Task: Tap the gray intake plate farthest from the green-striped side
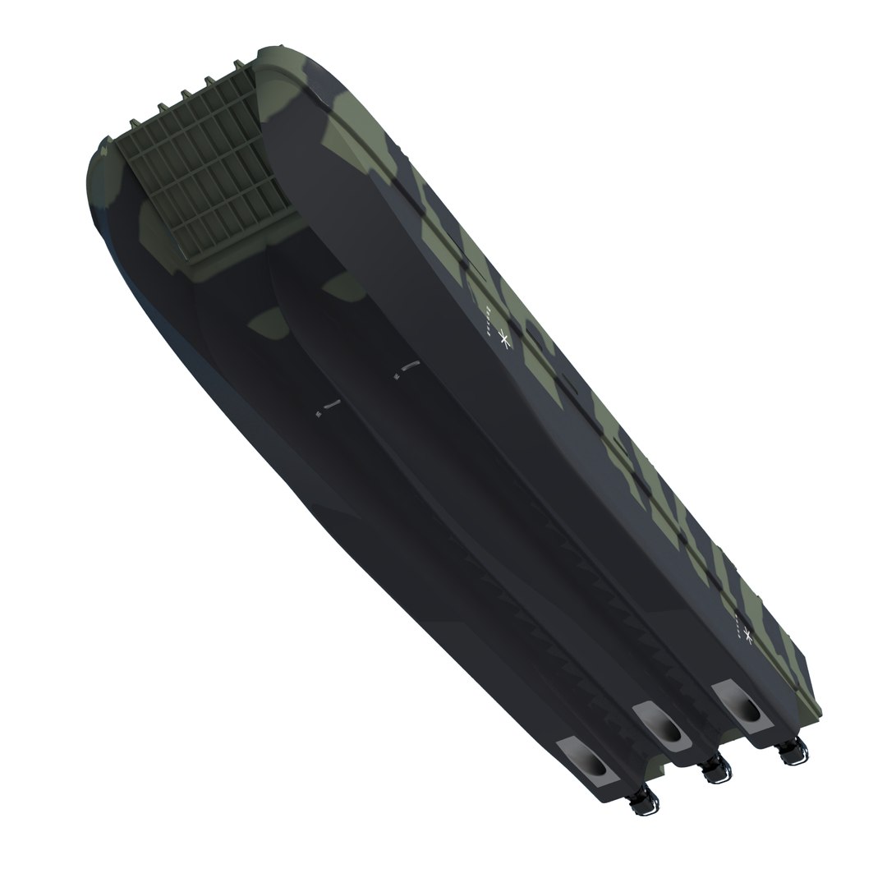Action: (586, 763)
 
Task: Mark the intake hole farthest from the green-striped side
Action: (595, 768)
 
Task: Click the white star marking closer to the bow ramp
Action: (505, 340)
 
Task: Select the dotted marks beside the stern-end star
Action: (737, 625)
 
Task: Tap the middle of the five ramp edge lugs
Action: (184, 96)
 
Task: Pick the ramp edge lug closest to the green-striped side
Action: (239, 65)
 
